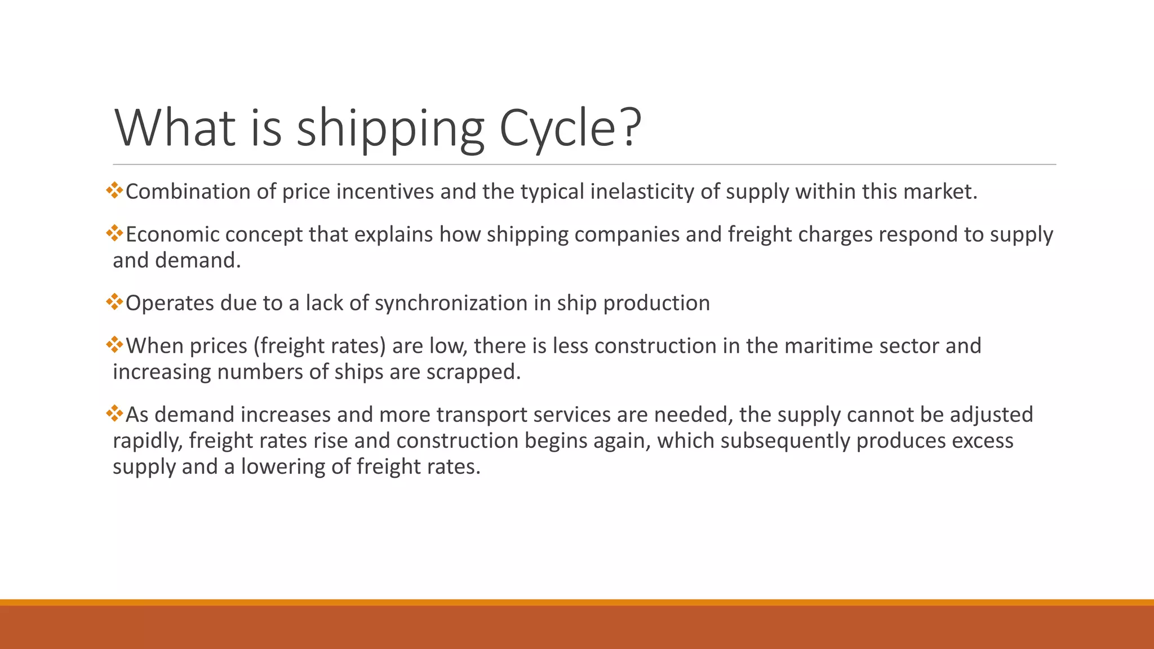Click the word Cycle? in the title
pyautogui.click(x=570, y=128)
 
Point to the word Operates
pyautogui.click(x=170, y=304)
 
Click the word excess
pyautogui.click(x=983, y=441)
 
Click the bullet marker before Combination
pyautogui.click(x=114, y=190)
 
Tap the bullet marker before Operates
pyautogui.click(x=114, y=302)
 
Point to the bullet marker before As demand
pyautogui.click(x=114, y=414)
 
